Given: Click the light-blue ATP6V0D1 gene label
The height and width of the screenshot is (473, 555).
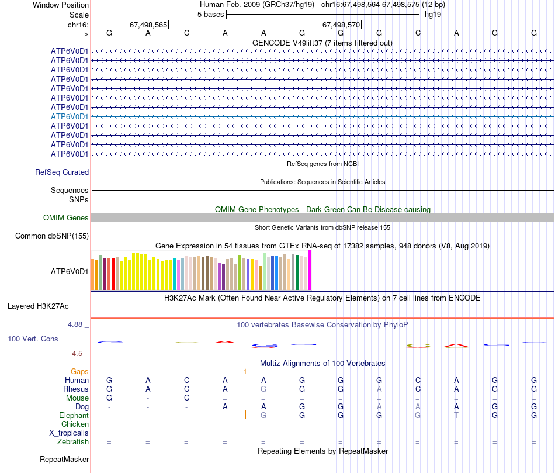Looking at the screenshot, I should pos(70,116).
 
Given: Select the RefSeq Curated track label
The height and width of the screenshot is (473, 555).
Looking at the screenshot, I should pos(62,172).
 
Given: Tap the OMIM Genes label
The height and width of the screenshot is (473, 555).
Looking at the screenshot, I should pos(66,218).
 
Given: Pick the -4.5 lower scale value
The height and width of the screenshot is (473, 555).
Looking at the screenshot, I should pos(76,354).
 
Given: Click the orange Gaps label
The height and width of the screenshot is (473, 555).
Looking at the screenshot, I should pos(79,371).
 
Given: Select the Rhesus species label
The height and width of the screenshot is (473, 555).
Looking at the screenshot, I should pos(76,389).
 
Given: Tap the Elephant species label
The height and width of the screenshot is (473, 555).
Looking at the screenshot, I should pos(74,415).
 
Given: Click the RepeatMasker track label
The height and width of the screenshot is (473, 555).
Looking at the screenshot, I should pos(64,460).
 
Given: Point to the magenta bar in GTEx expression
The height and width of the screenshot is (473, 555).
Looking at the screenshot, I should pos(310,270).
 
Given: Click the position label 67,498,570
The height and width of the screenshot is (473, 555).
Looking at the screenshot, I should pos(341,25).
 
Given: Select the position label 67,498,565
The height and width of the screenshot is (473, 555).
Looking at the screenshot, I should pos(148,25).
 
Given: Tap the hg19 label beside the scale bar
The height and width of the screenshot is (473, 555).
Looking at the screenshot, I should pos(433,15).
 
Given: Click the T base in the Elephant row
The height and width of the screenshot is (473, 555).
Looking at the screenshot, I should pos(456,415).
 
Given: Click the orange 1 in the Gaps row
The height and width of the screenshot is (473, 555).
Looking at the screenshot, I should pos(245,371).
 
